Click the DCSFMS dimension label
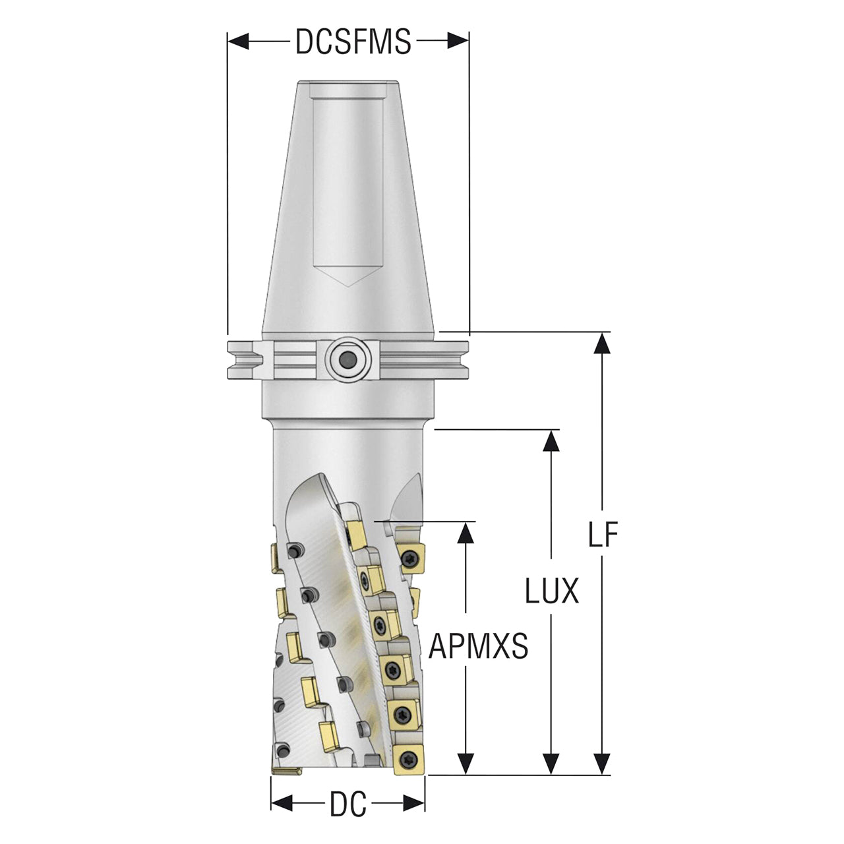click(353, 42)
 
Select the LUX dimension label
click(551, 590)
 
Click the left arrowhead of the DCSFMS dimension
click(238, 42)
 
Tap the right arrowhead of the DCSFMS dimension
click(458, 42)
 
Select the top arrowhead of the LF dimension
click(603, 343)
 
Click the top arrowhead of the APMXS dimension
click(467, 533)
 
